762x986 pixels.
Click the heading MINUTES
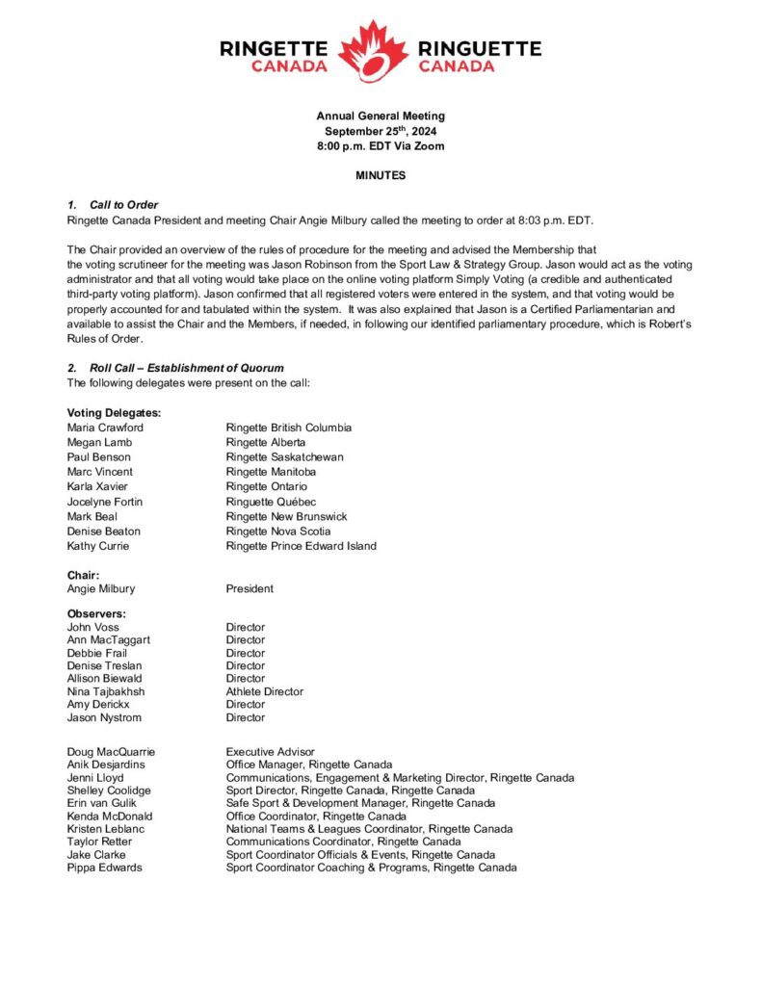381,175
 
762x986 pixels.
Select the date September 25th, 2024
381,131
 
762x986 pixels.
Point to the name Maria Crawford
105,428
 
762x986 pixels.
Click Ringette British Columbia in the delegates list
289,428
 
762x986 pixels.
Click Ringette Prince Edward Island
302,546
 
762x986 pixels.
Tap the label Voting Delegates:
114,413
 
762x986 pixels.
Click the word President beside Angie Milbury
250,588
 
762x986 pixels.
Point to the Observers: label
97,613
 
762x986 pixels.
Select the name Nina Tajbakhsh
107,691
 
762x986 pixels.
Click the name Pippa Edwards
104,867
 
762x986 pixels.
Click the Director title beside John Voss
246,627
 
